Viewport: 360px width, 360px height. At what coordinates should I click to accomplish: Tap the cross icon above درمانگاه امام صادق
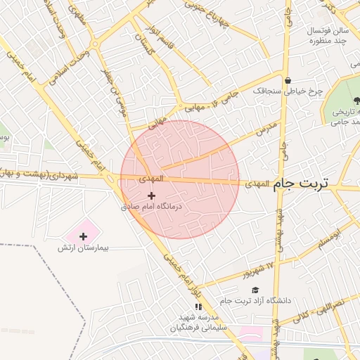click(x=151, y=195)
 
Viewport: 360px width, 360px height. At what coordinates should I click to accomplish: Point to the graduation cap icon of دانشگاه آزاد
click(x=255, y=290)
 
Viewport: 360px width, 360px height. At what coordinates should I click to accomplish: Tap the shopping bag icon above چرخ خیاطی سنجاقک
click(x=288, y=79)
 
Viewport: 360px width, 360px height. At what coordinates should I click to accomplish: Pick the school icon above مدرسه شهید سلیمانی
click(x=198, y=307)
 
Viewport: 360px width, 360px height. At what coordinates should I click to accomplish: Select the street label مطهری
click(x=77, y=15)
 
